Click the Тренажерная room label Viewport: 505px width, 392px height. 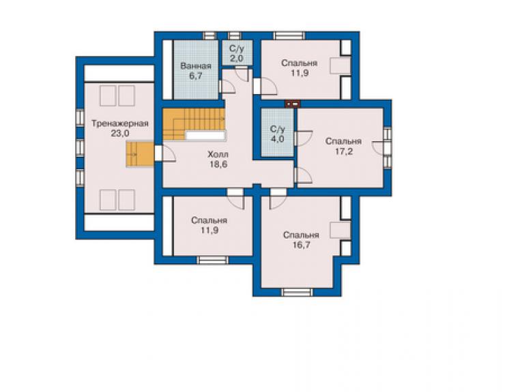click(x=120, y=123)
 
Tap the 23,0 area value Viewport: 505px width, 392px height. click(x=120, y=133)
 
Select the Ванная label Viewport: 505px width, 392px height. click(x=195, y=66)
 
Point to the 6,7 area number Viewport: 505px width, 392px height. click(x=195, y=76)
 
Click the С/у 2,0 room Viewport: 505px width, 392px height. click(x=237, y=53)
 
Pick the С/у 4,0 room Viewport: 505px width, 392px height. click(x=277, y=133)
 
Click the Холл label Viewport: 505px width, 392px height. click(x=218, y=154)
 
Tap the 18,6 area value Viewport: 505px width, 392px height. click(x=218, y=164)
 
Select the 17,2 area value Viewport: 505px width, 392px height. click(x=344, y=151)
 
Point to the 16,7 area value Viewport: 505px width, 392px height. click(x=302, y=245)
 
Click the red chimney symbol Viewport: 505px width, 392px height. click(x=293, y=104)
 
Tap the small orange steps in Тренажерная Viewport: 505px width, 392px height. click(x=140, y=155)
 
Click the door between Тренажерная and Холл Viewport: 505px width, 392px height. click(x=165, y=153)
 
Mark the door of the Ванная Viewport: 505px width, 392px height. click(x=227, y=87)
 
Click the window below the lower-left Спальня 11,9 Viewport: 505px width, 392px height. click(x=212, y=260)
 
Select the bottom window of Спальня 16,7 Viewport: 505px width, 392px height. click(x=297, y=292)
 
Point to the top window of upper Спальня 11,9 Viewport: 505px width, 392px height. click(x=289, y=35)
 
